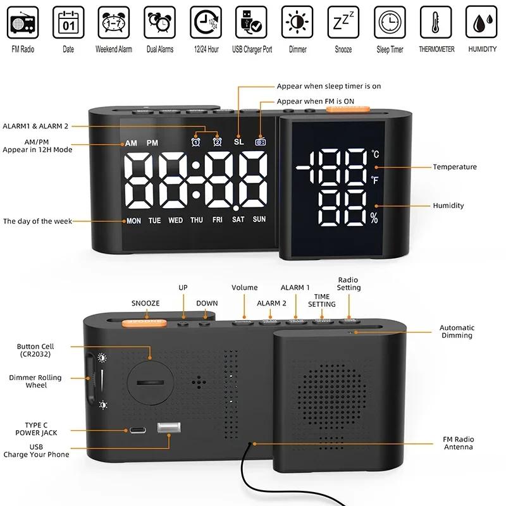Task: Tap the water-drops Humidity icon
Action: tap(482, 23)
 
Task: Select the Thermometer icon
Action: tap(436, 23)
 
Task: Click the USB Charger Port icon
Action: tap(252, 23)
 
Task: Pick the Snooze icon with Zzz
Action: tap(343, 23)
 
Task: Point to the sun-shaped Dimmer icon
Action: tap(297, 23)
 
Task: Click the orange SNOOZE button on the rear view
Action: tap(145, 321)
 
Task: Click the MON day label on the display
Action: tap(133, 221)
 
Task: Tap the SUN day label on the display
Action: tap(259, 220)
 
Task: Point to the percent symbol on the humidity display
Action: tap(374, 219)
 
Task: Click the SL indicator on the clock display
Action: tap(238, 142)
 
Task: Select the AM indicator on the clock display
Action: tap(131, 144)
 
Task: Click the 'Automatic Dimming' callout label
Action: tap(457, 331)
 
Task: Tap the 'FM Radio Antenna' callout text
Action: tap(458, 443)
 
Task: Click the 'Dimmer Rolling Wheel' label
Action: tap(36, 381)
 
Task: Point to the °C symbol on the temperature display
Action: tap(375, 154)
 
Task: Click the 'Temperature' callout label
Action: tap(455, 167)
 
